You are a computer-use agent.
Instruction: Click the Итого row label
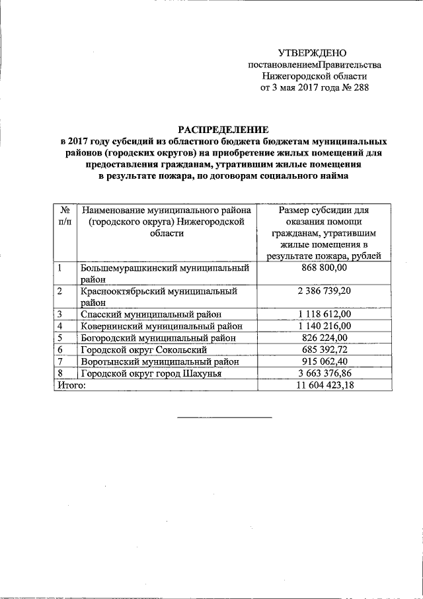click(x=71, y=385)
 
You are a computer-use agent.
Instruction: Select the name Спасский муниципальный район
click(x=151, y=314)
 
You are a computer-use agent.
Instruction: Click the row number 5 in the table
click(x=60, y=338)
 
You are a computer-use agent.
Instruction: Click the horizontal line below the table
click(x=224, y=417)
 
